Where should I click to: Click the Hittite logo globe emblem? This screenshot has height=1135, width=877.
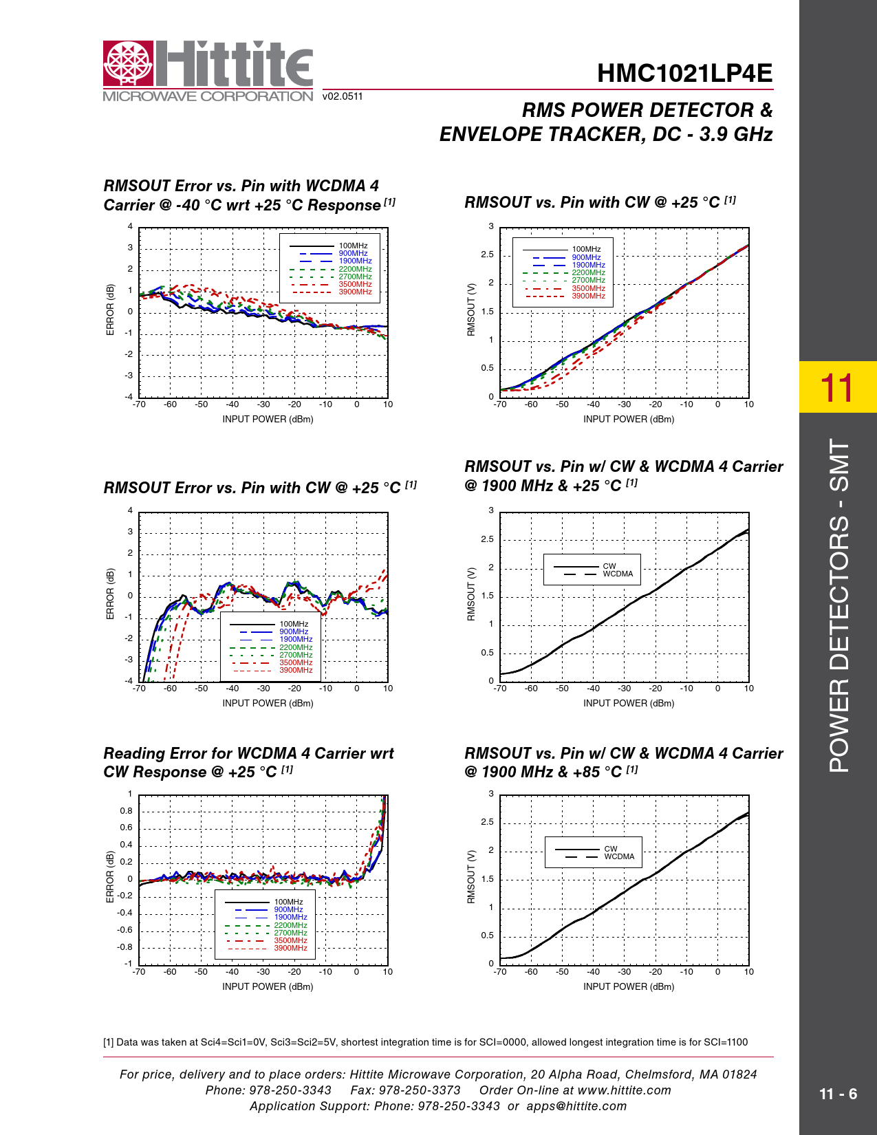[128, 64]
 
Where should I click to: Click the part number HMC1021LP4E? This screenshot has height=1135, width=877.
[684, 74]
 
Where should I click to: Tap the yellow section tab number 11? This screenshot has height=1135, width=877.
[837, 387]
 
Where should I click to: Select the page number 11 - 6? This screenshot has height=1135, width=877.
[838, 1094]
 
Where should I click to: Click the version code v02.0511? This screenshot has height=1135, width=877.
[343, 96]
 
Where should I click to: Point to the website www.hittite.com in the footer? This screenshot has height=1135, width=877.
[624, 1090]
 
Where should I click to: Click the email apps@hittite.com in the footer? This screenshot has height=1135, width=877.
[576, 1106]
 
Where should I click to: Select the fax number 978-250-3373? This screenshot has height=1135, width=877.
[420, 1090]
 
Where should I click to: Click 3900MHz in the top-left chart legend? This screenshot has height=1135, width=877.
[355, 292]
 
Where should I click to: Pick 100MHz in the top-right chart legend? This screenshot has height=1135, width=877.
[586, 250]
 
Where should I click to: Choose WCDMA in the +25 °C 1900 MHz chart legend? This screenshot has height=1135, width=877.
[618, 574]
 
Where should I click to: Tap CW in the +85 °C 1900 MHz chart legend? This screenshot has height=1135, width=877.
[611, 849]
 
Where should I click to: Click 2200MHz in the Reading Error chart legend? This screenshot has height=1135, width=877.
[290, 925]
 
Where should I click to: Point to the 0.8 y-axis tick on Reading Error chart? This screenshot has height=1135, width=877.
[126, 811]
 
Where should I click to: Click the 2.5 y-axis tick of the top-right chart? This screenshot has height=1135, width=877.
[487, 255]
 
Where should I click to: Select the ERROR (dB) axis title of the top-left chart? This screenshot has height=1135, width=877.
[110, 310]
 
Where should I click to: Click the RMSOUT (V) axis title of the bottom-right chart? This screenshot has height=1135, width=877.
[471, 877]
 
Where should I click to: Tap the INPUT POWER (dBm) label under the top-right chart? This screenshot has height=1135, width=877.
[629, 419]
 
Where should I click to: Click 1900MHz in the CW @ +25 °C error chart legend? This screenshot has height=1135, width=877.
[296, 640]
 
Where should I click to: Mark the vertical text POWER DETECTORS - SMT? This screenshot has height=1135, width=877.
[838, 605]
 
